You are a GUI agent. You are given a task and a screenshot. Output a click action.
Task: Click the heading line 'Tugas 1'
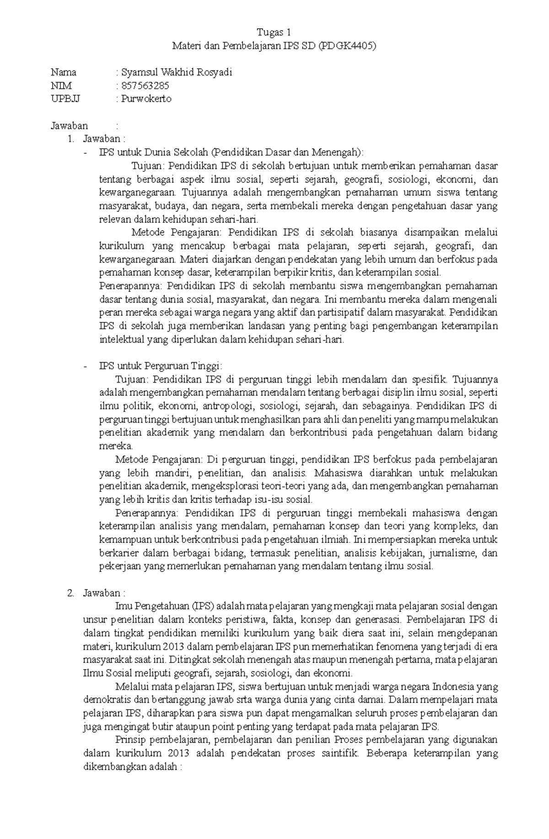coord(274,32)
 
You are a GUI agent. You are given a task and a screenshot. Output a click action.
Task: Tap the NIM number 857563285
coord(145,86)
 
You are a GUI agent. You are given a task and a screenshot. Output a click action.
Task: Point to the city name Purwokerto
coord(146,99)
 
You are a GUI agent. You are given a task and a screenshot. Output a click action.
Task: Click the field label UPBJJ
coord(65,99)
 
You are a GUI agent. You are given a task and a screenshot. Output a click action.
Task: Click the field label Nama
coord(63,72)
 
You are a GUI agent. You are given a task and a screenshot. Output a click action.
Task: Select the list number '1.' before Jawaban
coord(70,139)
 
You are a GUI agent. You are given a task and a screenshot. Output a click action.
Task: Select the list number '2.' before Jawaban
coord(70,593)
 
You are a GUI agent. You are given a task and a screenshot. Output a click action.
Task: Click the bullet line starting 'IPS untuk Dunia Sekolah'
coord(232,152)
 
